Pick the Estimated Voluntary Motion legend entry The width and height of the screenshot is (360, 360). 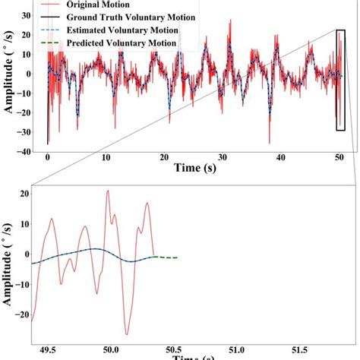pyautogui.click(x=122, y=30)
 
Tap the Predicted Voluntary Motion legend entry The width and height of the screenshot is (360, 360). pyautogui.click(x=122, y=43)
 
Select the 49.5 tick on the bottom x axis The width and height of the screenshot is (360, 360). pyautogui.click(x=47, y=349)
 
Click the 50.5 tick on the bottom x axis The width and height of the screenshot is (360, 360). pyautogui.click(x=174, y=349)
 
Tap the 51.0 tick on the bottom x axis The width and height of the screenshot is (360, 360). pyautogui.click(x=238, y=349)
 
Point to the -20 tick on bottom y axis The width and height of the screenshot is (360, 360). pyautogui.click(x=22, y=314)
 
